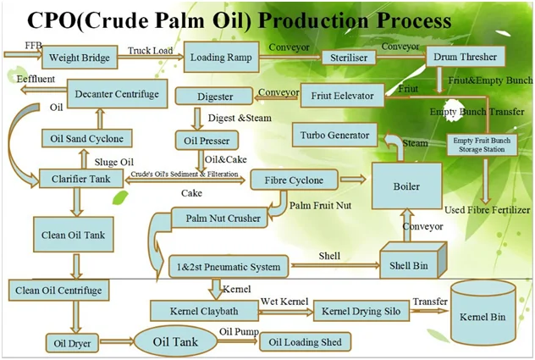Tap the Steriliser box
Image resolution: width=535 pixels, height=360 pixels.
(x=348, y=58)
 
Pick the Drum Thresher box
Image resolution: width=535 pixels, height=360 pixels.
(x=464, y=57)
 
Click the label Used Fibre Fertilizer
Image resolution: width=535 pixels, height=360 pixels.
(x=487, y=209)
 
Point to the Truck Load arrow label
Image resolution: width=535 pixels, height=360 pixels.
(x=151, y=51)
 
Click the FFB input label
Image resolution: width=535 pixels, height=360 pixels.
(x=15, y=44)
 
